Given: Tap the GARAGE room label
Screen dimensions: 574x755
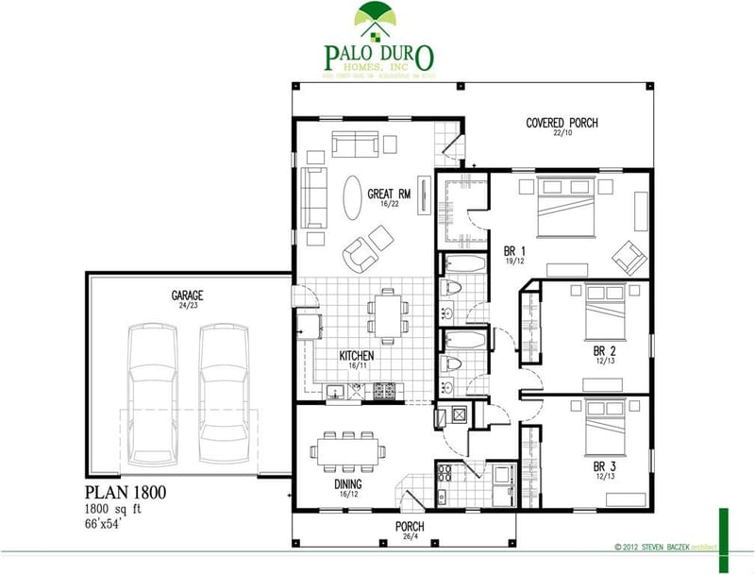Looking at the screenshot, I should (187, 295).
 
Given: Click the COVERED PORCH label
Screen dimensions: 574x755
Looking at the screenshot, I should (562, 123).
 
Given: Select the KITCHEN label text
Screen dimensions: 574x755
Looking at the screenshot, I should (357, 356).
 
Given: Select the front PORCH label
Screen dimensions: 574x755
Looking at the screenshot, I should (409, 526).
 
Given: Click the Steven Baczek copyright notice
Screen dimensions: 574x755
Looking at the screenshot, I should (664, 546).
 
